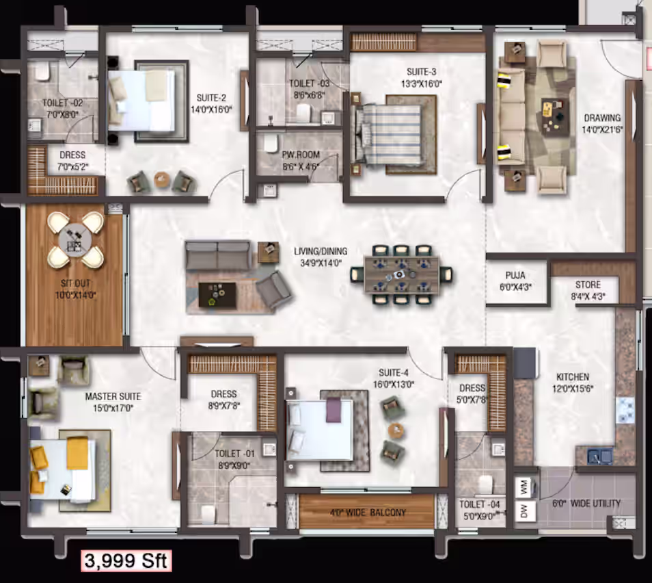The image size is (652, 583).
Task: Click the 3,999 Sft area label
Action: tap(126, 560)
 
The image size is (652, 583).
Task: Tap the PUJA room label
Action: tap(515, 275)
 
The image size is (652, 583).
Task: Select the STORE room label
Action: tap(588, 285)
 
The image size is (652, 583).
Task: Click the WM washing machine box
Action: tap(524, 487)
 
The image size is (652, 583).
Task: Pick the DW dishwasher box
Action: tap(524, 510)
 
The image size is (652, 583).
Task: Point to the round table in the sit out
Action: tap(75, 240)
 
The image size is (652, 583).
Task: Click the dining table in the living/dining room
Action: tap(401, 275)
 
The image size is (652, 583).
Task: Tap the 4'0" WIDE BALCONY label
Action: tap(368, 513)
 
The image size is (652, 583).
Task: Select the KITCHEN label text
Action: tap(573, 377)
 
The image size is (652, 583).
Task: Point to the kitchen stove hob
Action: tap(625, 410)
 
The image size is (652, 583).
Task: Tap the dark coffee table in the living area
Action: tap(217, 295)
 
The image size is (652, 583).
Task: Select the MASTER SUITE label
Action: tap(113, 396)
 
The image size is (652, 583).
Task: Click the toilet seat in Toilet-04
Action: tap(485, 485)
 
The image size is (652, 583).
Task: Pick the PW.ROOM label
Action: tap(301, 155)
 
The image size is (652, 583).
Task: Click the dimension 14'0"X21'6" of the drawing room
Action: tap(602, 129)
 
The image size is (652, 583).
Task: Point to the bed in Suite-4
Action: tap(319, 430)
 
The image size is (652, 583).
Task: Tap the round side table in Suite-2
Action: tap(162, 180)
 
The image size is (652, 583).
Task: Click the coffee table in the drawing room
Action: tap(555, 112)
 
